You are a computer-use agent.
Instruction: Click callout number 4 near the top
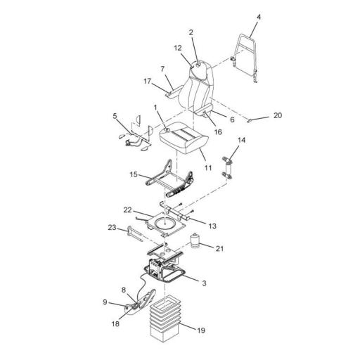tap(259, 15)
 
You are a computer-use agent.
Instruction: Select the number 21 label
tap(220, 249)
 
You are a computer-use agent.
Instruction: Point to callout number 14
tap(243, 141)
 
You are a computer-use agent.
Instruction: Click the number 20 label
tap(278, 115)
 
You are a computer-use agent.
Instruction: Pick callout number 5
tap(115, 115)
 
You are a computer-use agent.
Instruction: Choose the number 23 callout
tap(112, 227)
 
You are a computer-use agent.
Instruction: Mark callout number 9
tap(105, 302)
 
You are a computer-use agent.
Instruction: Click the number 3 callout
tap(203, 283)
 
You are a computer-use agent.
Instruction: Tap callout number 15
tap(134, 174)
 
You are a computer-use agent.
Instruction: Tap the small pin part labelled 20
tap(252, 120)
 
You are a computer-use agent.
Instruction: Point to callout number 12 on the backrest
tap(178, 47)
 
